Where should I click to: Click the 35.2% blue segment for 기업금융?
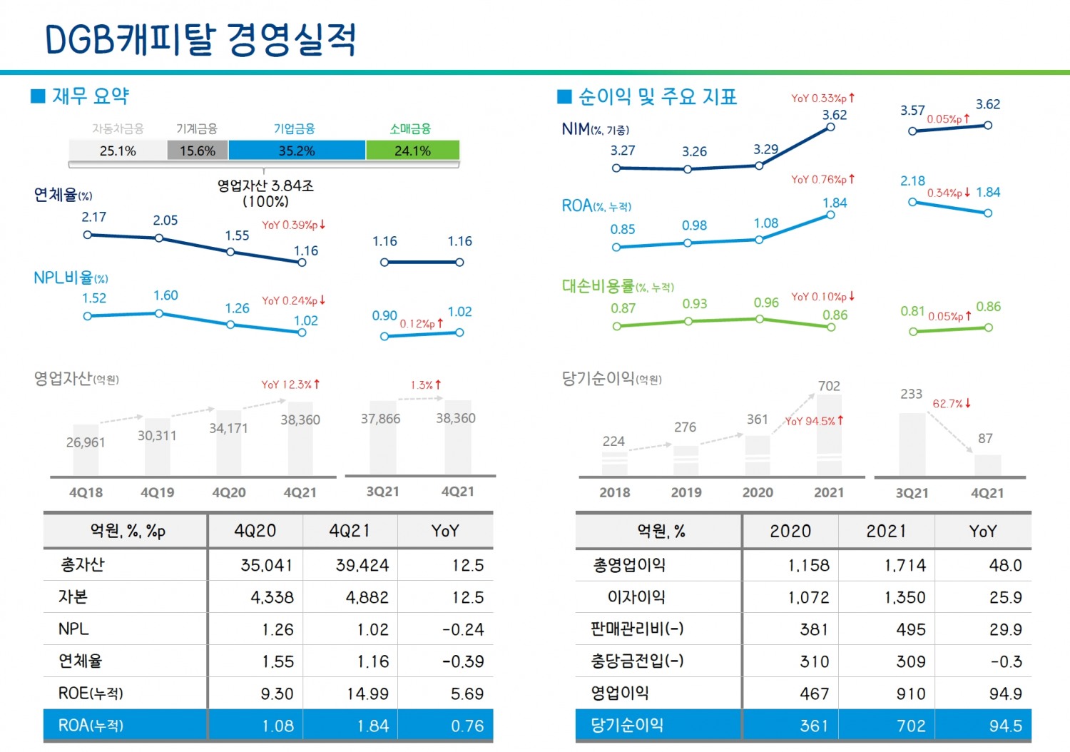coord(297,151)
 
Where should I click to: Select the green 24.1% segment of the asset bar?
coord(412,151)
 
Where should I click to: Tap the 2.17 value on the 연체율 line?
coord(93,217)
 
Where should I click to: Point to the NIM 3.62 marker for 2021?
coord(830,127)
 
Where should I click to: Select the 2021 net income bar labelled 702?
coord(829,435)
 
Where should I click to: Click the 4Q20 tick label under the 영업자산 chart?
coord(228,492)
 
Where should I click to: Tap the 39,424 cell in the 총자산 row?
coord(362,565)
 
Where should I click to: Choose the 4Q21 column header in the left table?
coord(350,531)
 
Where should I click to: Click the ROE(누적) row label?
coord(91,693)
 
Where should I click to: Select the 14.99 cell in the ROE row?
coord(367,693)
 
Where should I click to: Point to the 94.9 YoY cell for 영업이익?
coord(1005,693)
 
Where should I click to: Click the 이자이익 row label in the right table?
coord(636,597)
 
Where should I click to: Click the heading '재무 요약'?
coord(90,96)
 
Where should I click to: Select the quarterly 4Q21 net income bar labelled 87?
coord(987,465)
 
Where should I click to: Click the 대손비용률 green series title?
coord(598,286)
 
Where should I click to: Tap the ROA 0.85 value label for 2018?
coord(622,229)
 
